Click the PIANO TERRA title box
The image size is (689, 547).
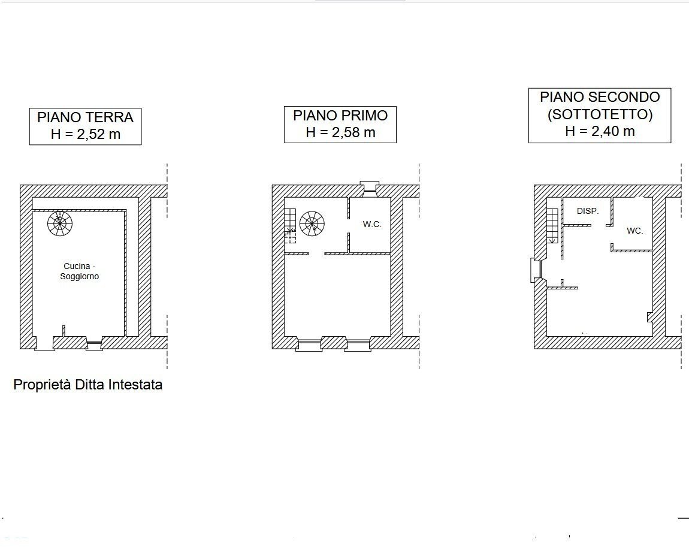[x=85, y=126]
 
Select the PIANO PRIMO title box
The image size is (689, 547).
[x=340, y=124]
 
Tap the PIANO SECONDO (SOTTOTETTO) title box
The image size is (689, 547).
[x=599, y=115]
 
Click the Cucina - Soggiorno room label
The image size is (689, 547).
[x=79, y=271]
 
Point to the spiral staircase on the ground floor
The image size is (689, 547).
[x=60, y=224]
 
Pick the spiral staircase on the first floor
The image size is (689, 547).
[x=312, y=224]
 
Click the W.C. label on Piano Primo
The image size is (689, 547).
[x=371, y=225]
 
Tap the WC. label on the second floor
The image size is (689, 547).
[x=635, y=231]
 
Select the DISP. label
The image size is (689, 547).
[x=588, y=211]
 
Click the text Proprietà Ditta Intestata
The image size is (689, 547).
[x=87, y=385]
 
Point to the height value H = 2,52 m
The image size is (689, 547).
[x=85, y=134]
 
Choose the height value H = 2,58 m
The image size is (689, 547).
[x=340, y=132]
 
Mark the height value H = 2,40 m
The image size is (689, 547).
[x=599, y=131]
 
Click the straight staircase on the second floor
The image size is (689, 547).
[x=552, y=225]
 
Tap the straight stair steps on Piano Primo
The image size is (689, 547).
[x=290, y=224]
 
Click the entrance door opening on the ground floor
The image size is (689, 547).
[x=44, y=343]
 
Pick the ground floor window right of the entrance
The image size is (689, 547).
[x=94, y=344]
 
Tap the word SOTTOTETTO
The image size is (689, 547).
[x=599, y=114]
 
